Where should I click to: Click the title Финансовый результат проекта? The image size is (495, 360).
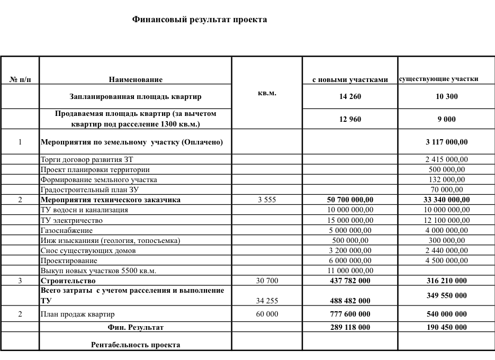(x=200, y=20)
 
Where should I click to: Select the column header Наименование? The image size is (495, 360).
(x=136, y=79)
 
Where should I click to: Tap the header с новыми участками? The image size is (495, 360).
(x=350, y=79)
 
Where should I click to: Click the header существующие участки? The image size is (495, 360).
(x=438, y=79)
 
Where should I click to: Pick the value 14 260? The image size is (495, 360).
(x=350, y=96)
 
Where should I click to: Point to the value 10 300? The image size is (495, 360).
(x=446, y=96)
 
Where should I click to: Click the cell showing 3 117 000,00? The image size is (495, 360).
(x=446, y=142)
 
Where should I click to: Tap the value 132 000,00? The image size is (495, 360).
(x=446, y=179)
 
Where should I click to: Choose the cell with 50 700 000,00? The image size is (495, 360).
(x=350, y=200)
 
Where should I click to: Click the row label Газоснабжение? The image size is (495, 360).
(x=67, y=230)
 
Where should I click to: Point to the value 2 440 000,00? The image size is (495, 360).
(x=446, y=250)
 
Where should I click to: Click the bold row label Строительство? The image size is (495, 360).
(x=68, y=281)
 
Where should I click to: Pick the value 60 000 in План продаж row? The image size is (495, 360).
(x=267, y=314)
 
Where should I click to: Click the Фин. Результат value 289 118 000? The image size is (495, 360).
(x=350, y=327)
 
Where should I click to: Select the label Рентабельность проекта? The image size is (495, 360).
(x=136, y=345)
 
